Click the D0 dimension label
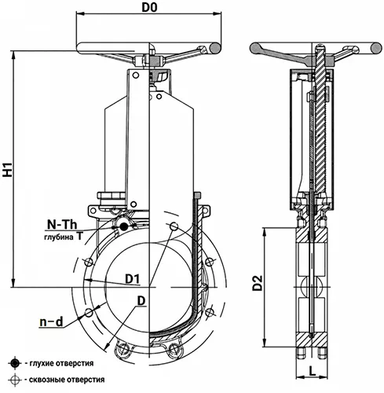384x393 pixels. coord(149,7)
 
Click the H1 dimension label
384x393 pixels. coord(8,169)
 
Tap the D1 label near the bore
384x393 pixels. coord(133,279)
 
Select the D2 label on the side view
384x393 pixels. coord(258,283)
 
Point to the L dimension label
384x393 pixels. coord(312,371)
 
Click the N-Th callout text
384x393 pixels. coord(62,225)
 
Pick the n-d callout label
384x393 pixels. coord(51,321)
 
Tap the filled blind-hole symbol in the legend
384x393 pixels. coord(15,363)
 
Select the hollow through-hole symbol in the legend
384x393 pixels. coord(15,380)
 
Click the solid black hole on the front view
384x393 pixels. coord(123,226)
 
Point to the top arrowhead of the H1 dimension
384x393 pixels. coord(13,54)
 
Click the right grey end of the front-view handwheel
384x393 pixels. coord(215,48)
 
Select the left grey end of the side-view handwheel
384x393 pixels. coord(255,48)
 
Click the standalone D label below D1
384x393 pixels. coord(141,301)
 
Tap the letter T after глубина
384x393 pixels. coord(79,237)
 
